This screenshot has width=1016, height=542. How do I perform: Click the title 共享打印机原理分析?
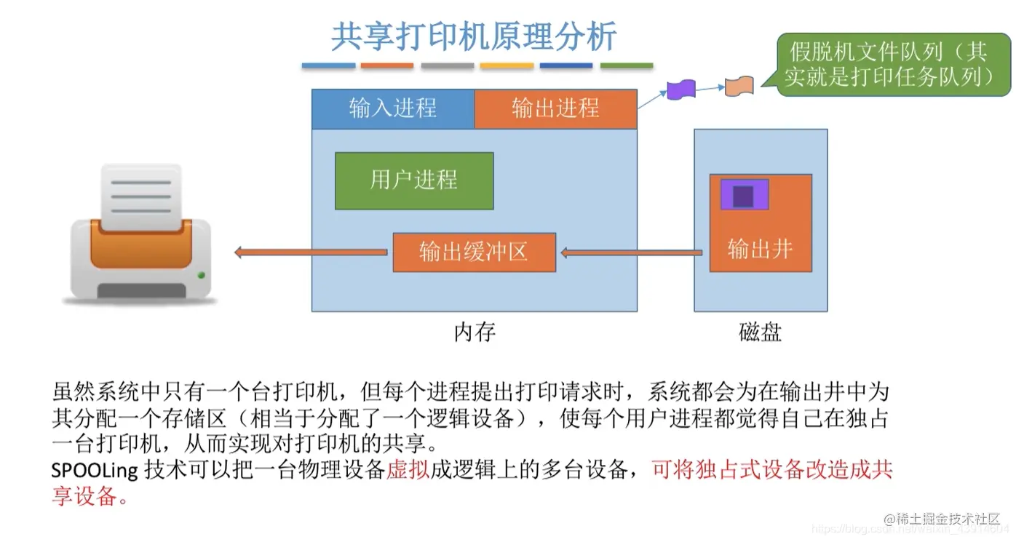[x=474, y=36]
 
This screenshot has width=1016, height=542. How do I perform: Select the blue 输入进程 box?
[x=393, y=108]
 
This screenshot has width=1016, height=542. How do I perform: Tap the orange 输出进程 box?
[x=555, y=108]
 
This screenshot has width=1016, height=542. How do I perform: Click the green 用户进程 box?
[x=414, y=180]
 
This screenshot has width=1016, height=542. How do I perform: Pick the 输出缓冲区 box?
[x=474, y=252]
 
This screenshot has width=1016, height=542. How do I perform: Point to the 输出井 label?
[x=760, y=249]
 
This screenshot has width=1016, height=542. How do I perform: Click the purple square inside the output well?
[x=743, y=196]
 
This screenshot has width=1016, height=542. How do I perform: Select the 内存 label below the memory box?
[x=475, y=332]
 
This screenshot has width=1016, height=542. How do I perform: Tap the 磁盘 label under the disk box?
[x=760, y=332]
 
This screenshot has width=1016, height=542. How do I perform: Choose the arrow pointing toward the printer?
[x=311, y=252]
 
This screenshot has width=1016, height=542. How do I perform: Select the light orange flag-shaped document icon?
[x=737, y=86]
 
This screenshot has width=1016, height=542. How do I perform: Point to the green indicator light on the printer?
[x=202, y=275]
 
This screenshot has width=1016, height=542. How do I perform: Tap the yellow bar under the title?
[x=507, y=65]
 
